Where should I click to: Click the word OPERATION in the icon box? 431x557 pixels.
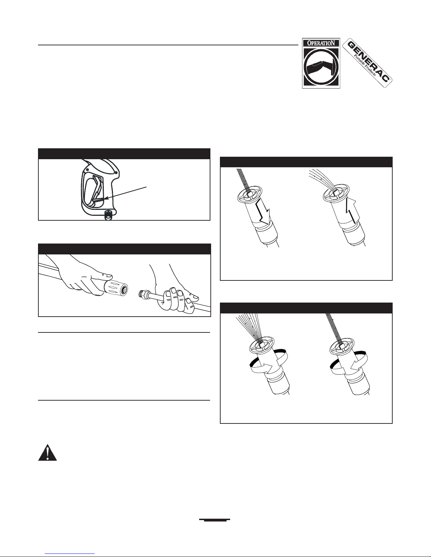321,43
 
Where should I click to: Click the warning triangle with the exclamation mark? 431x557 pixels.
47,452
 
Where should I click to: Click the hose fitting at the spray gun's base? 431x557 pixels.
108,215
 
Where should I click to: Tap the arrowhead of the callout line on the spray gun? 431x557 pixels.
106,198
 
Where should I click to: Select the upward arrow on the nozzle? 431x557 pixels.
350,208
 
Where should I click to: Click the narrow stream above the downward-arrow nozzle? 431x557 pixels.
242,180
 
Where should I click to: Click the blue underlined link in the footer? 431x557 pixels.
70,553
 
